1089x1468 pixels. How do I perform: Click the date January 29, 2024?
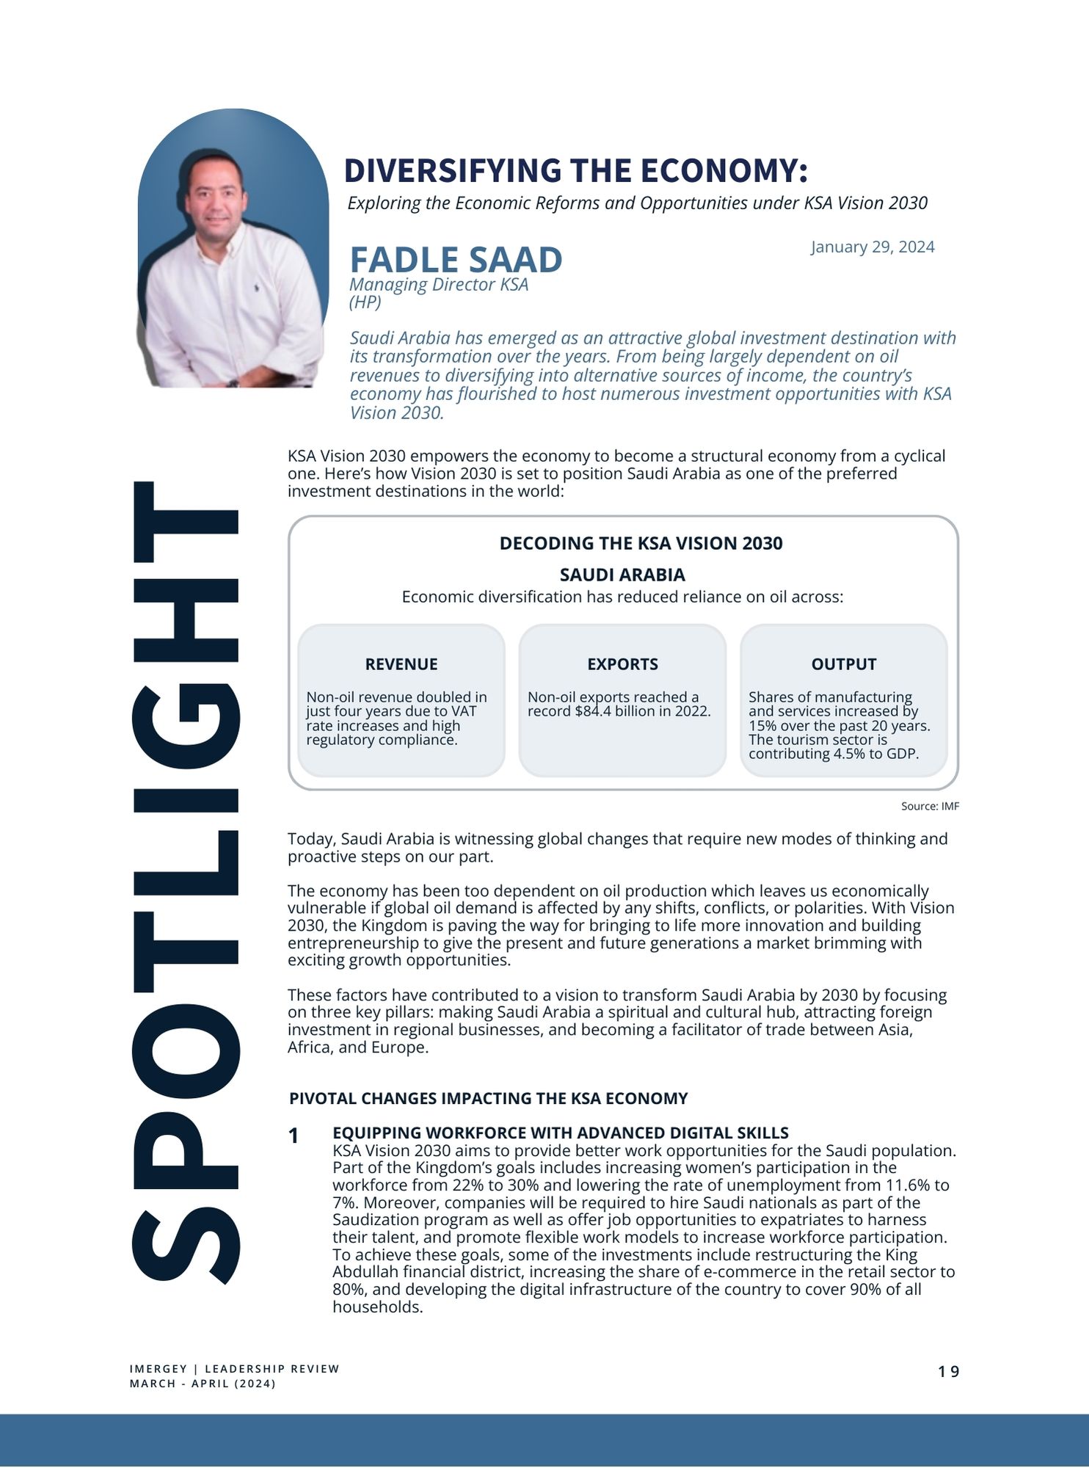point(873,247)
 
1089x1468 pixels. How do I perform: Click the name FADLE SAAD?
point(456,260)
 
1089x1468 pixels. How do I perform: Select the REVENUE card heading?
point(401,664)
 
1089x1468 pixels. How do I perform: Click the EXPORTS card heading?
point(622,664)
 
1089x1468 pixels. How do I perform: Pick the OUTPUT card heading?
point(843,664)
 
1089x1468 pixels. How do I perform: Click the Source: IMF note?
point(930,806)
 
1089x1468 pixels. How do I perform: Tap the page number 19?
point(948,1372)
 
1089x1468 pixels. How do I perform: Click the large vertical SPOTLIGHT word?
point(185,881)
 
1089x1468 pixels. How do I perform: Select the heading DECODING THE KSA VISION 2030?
point(641,543)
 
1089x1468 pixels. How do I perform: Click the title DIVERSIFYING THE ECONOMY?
point(575,170)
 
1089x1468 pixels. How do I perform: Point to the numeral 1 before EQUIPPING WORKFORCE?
point(294,1136)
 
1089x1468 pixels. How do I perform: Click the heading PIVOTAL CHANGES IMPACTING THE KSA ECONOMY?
point(488,1099)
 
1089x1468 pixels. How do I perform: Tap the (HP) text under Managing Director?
point(365,302)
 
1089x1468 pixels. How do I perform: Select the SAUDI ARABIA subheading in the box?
point(622,575)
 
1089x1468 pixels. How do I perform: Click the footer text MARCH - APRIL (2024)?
point(203,1384)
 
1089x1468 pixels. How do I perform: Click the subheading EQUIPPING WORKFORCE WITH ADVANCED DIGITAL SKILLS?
point(560,1133)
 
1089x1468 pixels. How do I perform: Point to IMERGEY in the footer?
point(158,1369)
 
